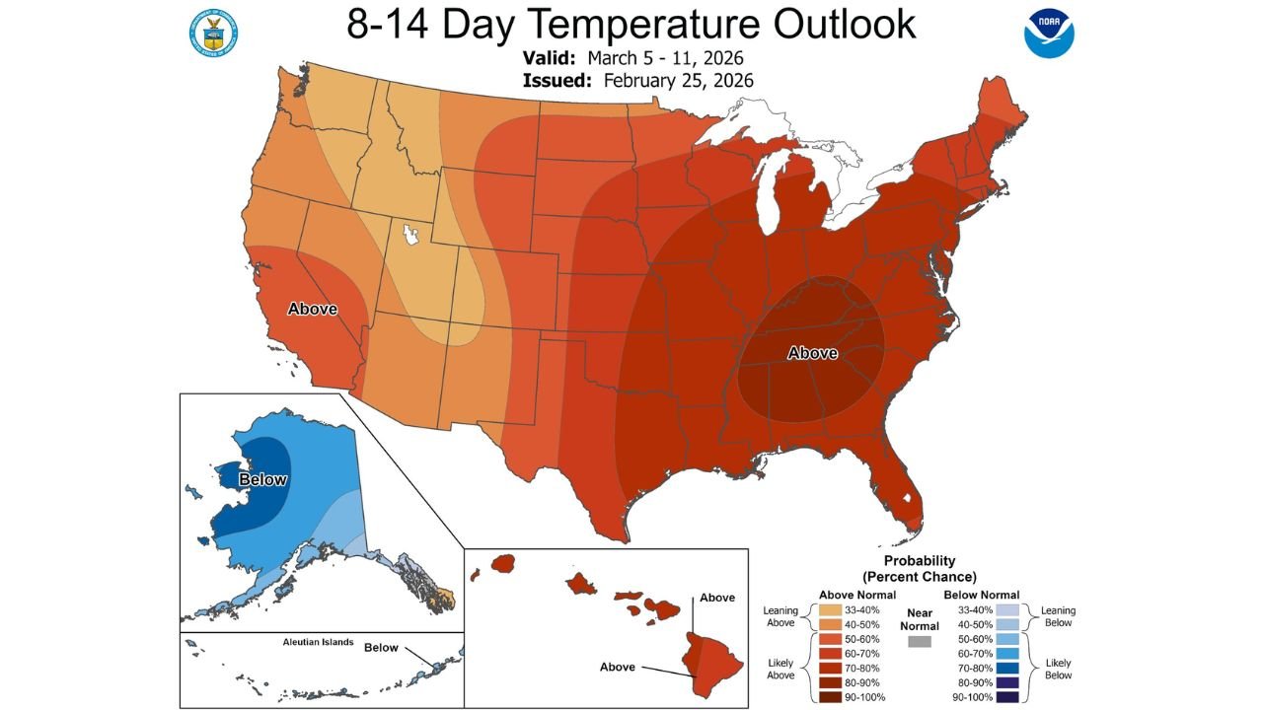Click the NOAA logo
(1049, 33)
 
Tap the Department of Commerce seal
(212, 33)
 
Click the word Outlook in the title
(824, 25)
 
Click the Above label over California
(312, 309)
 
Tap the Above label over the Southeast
(812, 353)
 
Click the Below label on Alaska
(262, 479)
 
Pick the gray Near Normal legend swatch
(919, 642)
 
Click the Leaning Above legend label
(780, 617)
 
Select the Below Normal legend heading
(981, 595)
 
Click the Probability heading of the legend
(919, 560)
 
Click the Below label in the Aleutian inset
(381, 648)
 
